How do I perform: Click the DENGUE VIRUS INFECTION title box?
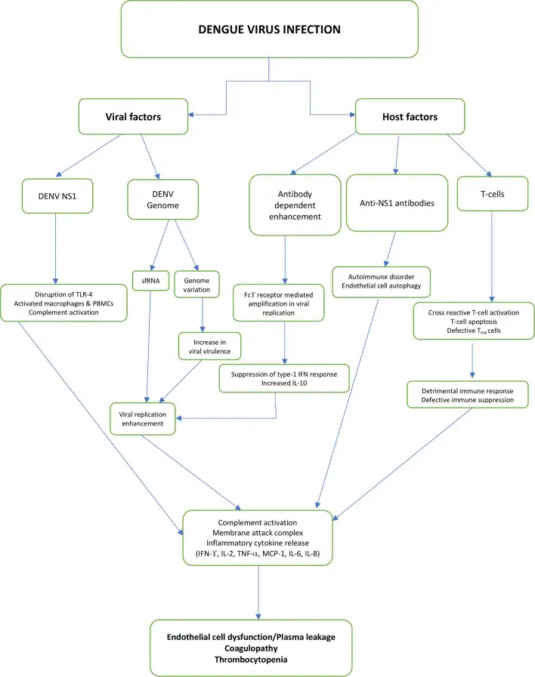269,30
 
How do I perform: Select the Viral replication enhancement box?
143,418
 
